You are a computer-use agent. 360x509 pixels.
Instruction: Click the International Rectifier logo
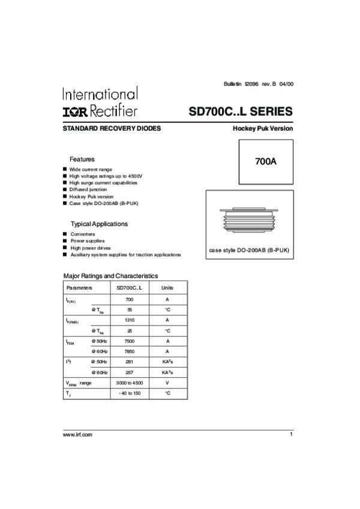coord(100,103)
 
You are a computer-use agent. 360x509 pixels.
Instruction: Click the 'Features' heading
coord(82,159)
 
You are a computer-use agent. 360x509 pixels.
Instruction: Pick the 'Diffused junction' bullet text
coord(88,189)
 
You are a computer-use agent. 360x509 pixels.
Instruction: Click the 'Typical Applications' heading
coord(100,224)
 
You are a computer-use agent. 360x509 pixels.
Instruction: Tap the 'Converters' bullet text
coord(83,234)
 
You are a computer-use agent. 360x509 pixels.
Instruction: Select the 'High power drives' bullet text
coord(91,248)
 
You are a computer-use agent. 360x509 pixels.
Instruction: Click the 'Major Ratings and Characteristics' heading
coord(111,276)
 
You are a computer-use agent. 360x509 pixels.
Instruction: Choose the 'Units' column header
coord(167,288)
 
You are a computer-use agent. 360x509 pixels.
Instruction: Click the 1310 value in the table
coord(129,320)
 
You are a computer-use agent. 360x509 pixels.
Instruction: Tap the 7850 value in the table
coord(129,351)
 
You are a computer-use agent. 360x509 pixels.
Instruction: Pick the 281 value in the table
coord(129,362)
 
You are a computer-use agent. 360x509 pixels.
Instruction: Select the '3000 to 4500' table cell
coord(129,382)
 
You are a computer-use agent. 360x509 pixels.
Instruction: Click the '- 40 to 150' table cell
coord(129,393)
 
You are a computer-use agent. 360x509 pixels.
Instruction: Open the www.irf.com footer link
coord(77,434)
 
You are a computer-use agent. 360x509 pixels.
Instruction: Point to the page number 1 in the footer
coord(291,433)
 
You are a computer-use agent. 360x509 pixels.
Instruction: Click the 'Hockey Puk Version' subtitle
coord(263,129)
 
